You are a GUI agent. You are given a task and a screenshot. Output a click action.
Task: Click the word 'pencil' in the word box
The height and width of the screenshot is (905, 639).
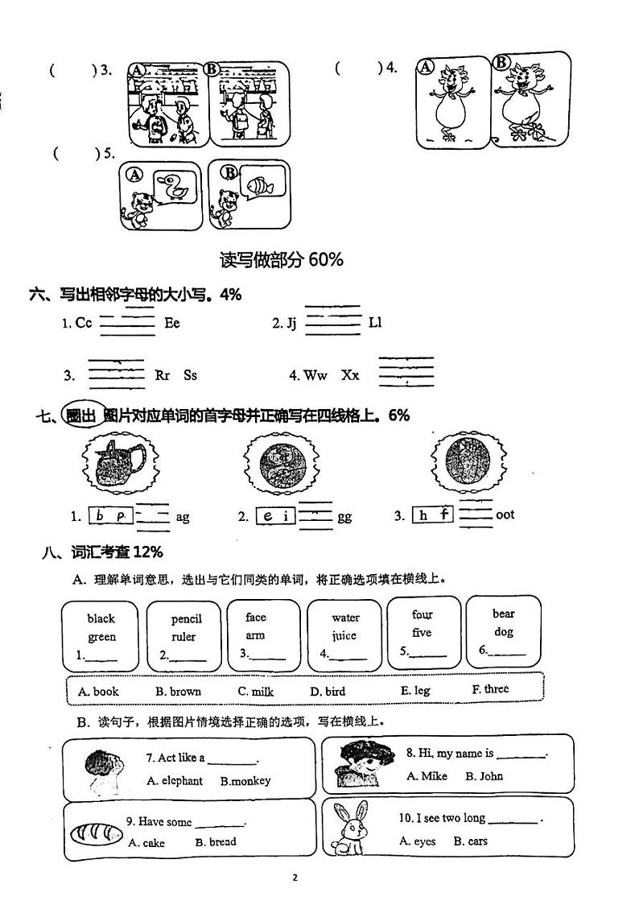click(x=186, y=619)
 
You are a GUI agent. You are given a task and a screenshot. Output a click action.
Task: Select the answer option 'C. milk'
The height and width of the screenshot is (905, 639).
click(x=255, y=691)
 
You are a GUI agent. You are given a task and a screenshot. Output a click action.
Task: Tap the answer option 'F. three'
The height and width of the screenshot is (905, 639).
click(x=490, y=689)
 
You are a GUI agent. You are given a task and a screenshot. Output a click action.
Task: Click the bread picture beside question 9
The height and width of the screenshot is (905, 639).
click(x=93, y=833)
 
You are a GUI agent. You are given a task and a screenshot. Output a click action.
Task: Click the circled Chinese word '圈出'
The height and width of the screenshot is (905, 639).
click(x=84, y=415)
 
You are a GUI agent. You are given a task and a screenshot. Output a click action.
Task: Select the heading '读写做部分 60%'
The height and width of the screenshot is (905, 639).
click(x=282, y=259)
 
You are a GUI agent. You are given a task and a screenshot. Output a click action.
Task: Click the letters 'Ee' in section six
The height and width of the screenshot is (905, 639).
click(x=172, y=323)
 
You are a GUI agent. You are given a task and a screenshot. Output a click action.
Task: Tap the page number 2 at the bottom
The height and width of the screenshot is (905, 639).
click(x=295, y=878)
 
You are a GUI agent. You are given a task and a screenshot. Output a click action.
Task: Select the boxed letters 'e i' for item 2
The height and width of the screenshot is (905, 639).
click(x=275, y=517)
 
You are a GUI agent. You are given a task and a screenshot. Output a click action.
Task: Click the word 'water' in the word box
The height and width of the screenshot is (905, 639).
click(x=345, y=618)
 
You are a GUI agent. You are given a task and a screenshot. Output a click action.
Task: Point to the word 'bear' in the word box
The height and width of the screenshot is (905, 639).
click(x=504, y=614)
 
